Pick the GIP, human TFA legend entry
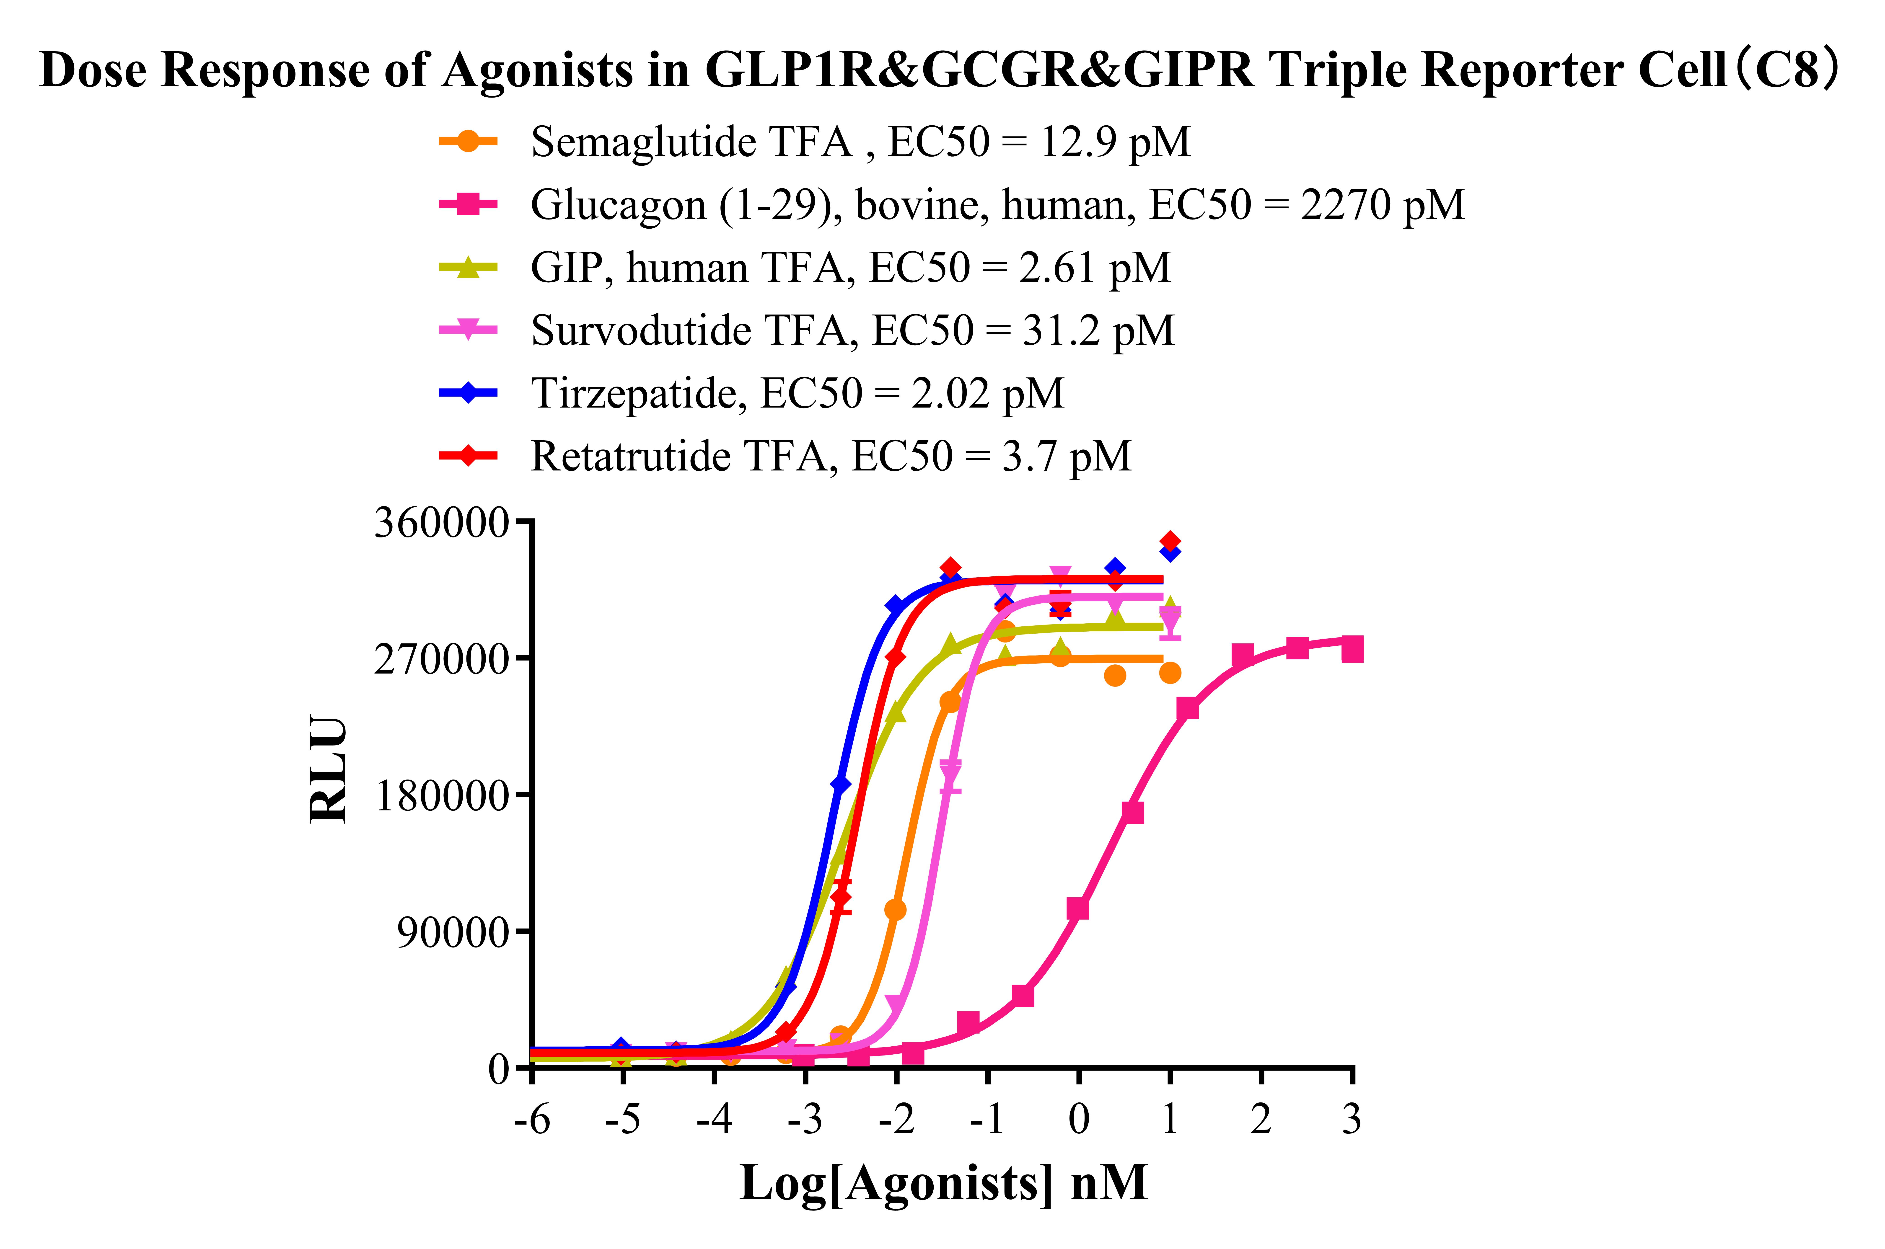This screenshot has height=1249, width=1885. tap(851, 268)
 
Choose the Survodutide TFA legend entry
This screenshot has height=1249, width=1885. tap(852, 330)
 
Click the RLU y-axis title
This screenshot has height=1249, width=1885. tap(328, 769)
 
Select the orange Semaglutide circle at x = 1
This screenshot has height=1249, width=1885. tap(1170, 673)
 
